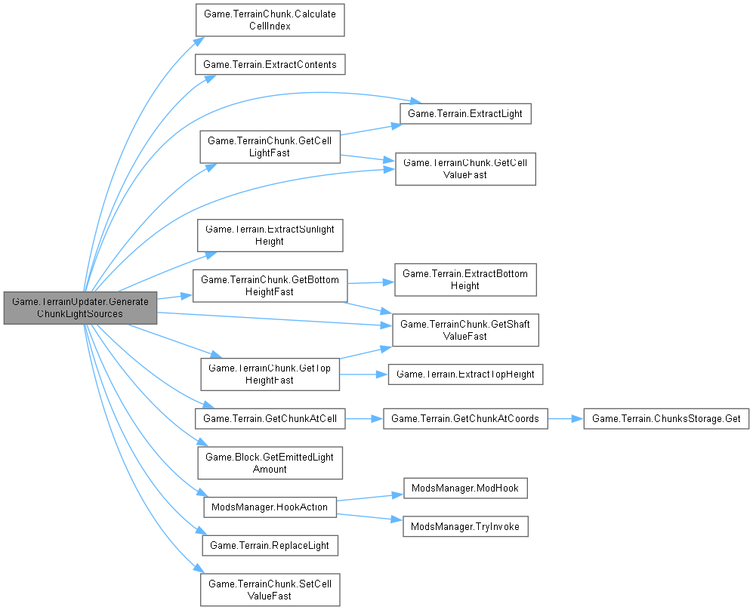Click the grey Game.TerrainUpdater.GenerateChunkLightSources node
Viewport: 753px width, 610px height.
point(80,307)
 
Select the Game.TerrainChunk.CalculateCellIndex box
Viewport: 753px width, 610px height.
point(270,20)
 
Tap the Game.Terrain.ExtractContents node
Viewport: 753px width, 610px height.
point(270,64)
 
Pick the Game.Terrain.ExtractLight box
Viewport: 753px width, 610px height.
point(465,113)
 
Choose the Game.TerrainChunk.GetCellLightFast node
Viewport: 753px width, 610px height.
point(270,146)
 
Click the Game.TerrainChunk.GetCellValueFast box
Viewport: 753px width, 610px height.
point(465,168)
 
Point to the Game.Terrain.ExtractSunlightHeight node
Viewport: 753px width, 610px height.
point(270,235)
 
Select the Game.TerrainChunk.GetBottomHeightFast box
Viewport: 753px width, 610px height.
point(270,285)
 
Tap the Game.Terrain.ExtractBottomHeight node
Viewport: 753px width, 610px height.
point(465,279)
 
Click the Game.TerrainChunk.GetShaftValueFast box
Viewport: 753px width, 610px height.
point(465,330)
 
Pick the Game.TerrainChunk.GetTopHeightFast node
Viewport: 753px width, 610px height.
point(270,374)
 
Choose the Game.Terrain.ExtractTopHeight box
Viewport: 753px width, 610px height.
point(465,374)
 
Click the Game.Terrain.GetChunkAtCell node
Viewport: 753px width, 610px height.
point(270,418)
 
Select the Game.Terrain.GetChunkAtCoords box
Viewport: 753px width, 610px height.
point(465,418)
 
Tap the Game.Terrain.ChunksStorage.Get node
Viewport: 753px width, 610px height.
point(666,418)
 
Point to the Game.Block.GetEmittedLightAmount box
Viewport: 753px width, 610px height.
point(270,463)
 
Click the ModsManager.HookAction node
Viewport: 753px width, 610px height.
point(270,507)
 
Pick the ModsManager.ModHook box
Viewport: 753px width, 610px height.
point(465,488)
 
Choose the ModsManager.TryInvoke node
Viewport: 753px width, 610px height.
point(465,526)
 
